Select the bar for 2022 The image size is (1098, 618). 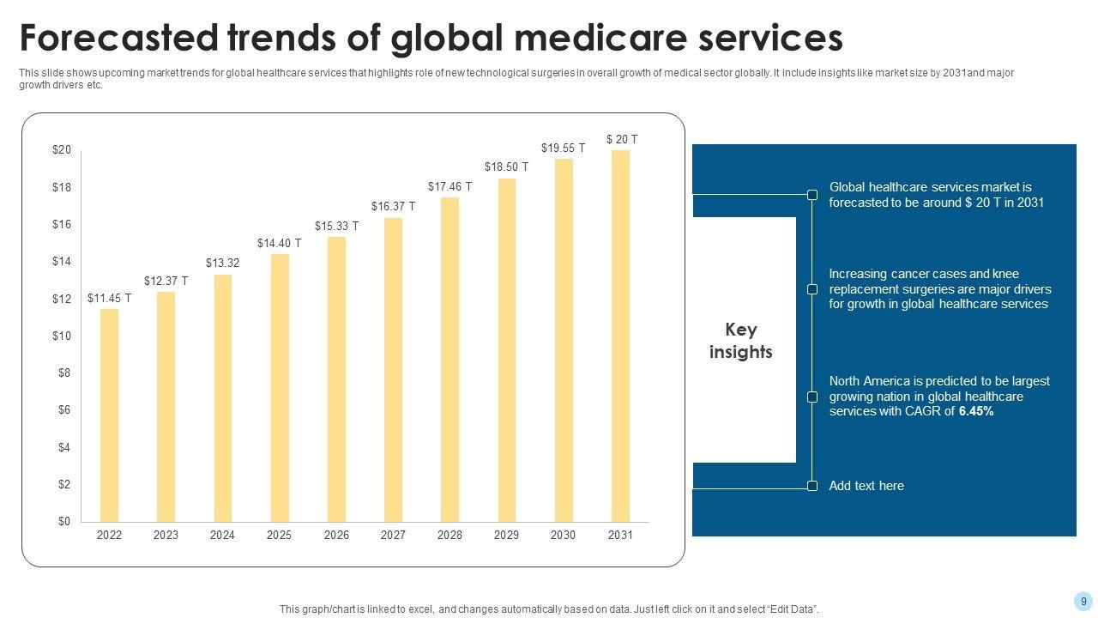(x=109, y=415)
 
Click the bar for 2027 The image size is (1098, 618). (x=393, y=370)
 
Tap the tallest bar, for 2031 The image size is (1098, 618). (x=620, y=336)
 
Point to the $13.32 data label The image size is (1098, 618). (x=222, y=263)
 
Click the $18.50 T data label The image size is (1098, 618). (x=506, y=167)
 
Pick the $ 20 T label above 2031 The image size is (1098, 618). (x=622, y=139)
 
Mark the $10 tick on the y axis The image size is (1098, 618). (x=62, y=336)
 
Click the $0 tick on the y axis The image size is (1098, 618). (x=64, y=521)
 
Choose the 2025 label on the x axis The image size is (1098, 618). (x=279, y=535)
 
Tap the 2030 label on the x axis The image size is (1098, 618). (x=563, y=535)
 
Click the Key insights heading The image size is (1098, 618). (x=741, y=341)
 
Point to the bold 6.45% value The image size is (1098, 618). (x=976, y=411)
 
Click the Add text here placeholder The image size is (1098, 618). (x=866, y=486)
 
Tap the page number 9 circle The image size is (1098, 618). (x=1083, y=602)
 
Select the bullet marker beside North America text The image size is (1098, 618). (x=812, y=397)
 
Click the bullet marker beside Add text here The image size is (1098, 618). (x=812, y=487)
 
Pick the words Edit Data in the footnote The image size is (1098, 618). (x=787, y=609)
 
